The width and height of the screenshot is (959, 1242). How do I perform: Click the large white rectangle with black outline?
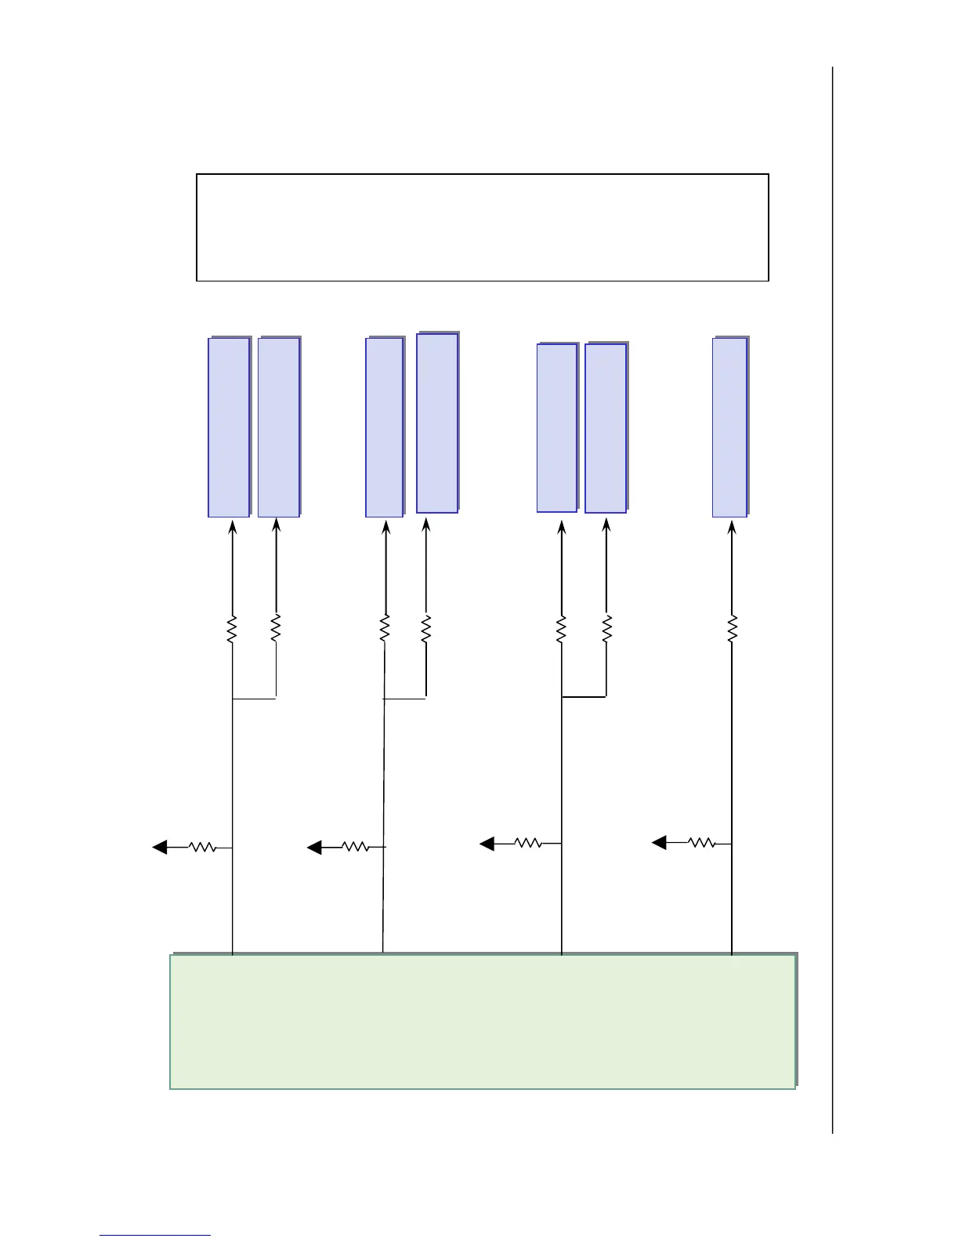[482, 227]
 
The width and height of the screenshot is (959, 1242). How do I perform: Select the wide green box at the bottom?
[483, 1021]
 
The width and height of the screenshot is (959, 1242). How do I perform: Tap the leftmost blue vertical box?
[229, 427]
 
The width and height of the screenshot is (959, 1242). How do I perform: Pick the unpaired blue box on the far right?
[729, 427]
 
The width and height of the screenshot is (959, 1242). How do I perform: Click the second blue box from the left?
[279, 427]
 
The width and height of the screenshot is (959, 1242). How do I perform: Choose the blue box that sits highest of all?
[437, 423]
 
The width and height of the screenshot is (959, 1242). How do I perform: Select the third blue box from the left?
[385, 427]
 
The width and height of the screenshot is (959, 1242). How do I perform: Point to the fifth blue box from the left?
[557, 428]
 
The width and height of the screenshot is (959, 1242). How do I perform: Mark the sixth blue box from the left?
[606, 428]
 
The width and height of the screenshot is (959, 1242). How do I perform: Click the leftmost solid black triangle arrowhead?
[160, 847]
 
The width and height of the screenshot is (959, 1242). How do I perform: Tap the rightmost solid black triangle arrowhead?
[660, 843]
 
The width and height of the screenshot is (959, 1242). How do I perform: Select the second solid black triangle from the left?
[315, 847]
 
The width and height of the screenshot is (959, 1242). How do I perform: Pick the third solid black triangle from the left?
[487, 843]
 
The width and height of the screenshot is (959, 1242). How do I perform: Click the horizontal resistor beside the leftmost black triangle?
[203, 847]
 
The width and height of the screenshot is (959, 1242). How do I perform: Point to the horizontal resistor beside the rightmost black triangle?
[701, 843]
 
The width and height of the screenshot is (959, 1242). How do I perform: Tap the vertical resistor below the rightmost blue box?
[733, 629]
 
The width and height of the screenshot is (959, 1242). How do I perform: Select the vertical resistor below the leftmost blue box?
[232, 630]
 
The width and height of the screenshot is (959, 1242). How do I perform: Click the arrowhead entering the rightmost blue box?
[732, 528]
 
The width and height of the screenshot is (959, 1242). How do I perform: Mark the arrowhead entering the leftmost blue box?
[232, 528]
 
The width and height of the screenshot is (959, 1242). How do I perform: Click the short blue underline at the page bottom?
[155, 1236]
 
